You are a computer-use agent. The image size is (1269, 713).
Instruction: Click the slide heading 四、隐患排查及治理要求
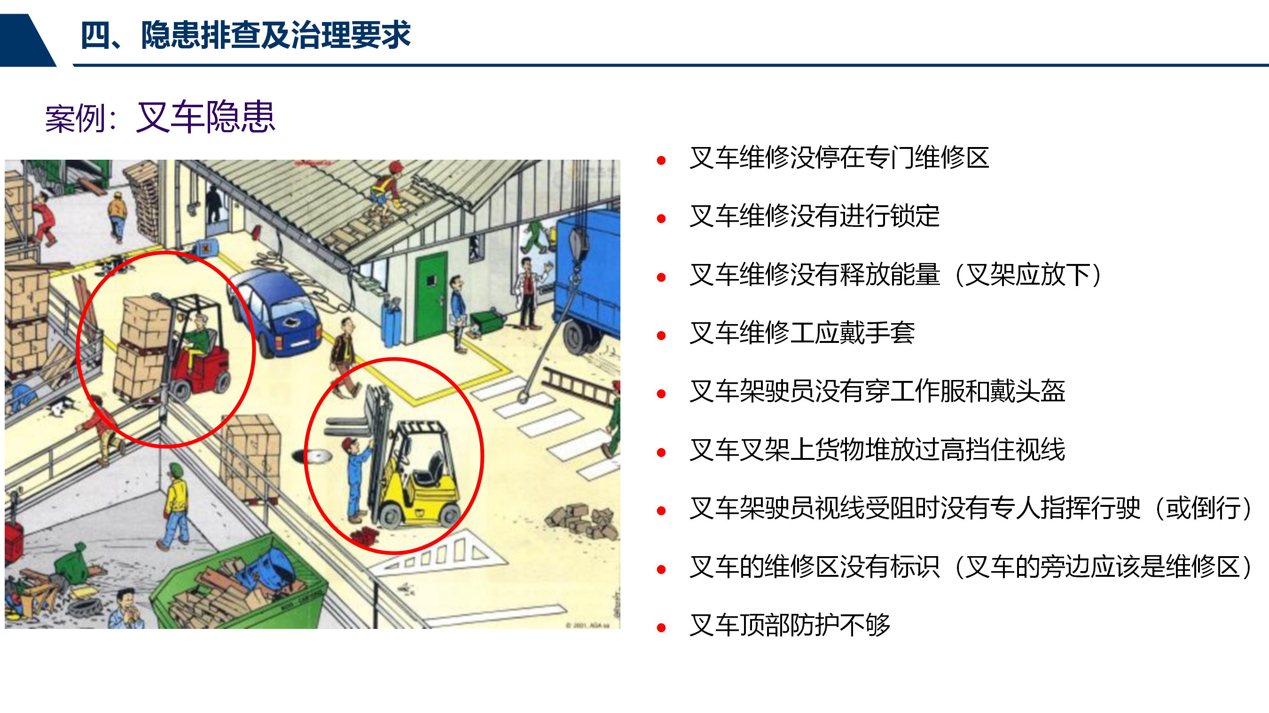pyautogui.click(x=245, y=35)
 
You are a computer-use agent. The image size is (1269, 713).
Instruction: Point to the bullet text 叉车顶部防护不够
pyautogui.click(x=790, y=624)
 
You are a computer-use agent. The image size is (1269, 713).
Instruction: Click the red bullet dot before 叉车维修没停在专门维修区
pyautogui.click(x=661, y=160)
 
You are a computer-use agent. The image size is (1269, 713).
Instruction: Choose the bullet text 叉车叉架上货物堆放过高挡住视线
pyautogui.click(x=877, y=449)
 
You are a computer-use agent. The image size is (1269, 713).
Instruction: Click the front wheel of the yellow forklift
pyautogui.click(x=392, y=515)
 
